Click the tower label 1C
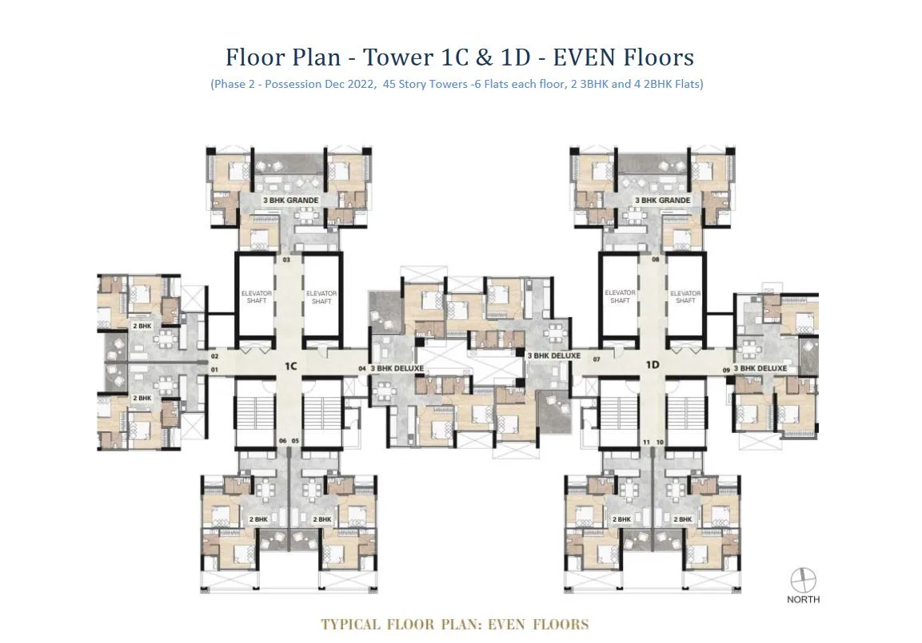coord(290,366)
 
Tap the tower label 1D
coord(653,365)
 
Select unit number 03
coord(286,260)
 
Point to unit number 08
coord(655,260)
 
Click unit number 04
coord(361,369)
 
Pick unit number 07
coord(596,359)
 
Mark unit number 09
coord(726,369)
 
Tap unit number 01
coord(214,370)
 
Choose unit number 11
coord(646,442)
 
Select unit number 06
coord(282,441)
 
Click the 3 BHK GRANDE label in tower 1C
coord(291,200)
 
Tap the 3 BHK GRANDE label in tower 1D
coord(662,200)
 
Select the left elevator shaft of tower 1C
coord(257,297)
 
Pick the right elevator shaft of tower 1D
coord(685,297)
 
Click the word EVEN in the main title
coord(588,58)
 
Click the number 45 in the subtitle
coord(391,84)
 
